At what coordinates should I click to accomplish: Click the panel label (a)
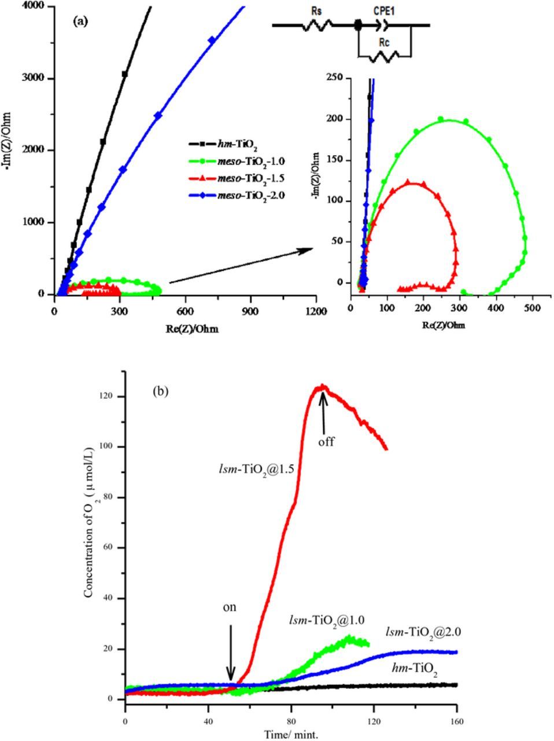[80, 21]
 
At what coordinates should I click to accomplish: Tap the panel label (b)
[161, 391]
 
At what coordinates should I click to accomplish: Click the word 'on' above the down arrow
[230, 608]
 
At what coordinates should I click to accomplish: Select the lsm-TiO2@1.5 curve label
[254, 469]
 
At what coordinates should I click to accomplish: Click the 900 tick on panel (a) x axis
[251, 311]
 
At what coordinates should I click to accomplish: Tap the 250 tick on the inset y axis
[334, 78]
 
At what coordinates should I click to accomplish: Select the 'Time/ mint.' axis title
[291, 735]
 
